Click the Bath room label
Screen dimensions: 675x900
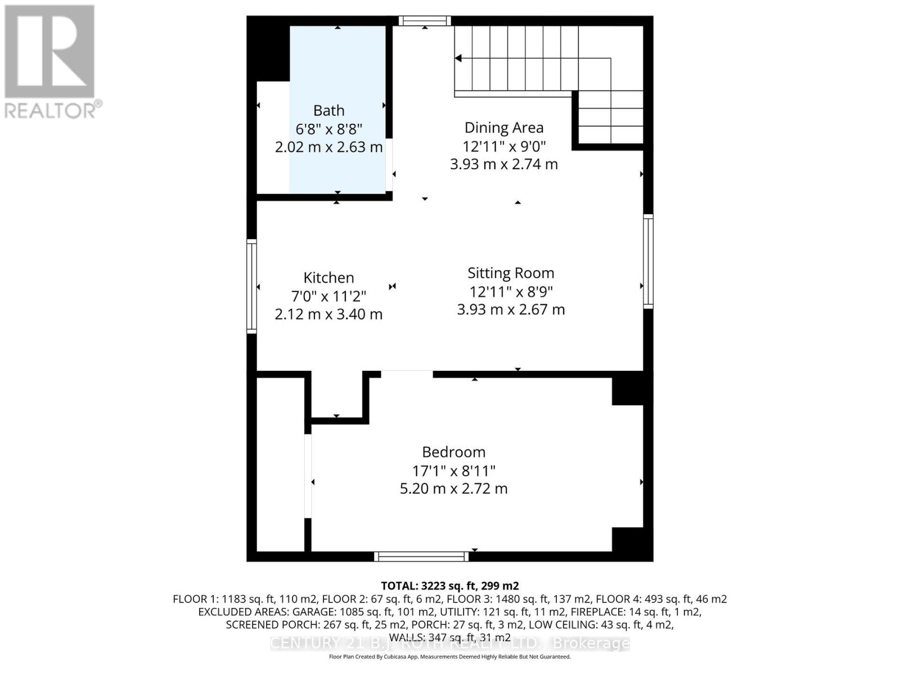pos(328,111)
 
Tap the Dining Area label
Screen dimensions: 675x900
pos(503,128)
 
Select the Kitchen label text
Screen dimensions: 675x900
pos(328,278)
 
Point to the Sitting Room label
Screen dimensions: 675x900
pos(511,273)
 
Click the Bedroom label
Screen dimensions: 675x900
pos(453,452)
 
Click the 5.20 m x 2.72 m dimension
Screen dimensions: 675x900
pos(453,489)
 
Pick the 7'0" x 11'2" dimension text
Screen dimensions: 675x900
pos(328,296)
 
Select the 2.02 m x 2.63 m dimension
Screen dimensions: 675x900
pos(328,147)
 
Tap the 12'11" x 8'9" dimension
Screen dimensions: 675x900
pos(511,291)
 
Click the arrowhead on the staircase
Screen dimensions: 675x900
pos(458,58)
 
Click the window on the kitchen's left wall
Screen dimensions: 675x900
pos(252,286)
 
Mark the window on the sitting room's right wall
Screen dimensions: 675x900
pos(648,261)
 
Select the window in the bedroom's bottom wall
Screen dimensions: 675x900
pos(421,556)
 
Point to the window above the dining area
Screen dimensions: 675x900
pos(425,21)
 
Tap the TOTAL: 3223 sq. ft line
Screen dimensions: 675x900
pos(449,586)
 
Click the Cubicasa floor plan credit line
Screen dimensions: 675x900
pos(449,656)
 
